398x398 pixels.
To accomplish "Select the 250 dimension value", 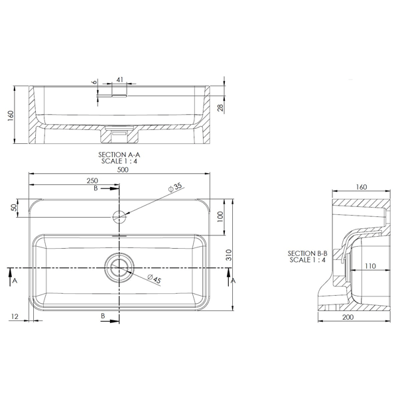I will pyautogui.click(x=92, y=180).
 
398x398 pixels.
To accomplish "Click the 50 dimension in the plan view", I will pyautogui.click(x=15, y=208).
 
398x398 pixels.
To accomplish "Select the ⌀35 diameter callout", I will pyautogui.click(x=176, y=188).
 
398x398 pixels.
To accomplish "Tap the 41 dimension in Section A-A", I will pyautogui.click(x=119, y=80).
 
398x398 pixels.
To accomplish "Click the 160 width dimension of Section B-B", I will pyautogui.click(x=361, y=187).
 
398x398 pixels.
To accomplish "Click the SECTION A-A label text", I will pyautogui.click(x=119, y=153).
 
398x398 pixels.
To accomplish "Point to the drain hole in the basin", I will pyautogui.click(x=119, y=267).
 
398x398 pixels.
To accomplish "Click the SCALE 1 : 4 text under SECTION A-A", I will pyautogui.click(x=119, y=160).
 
